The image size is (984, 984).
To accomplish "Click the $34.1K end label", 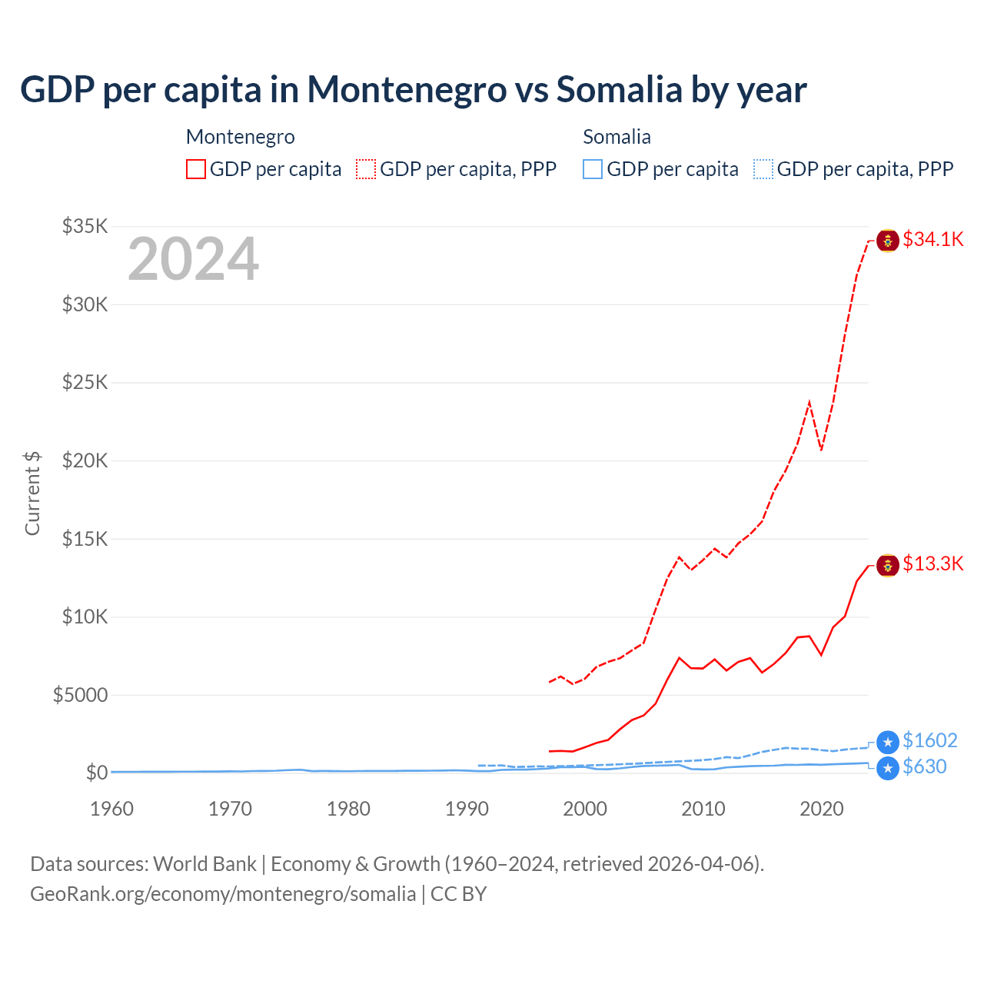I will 932,239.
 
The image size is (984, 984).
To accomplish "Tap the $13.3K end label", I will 932,563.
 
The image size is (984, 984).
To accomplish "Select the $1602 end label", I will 929,740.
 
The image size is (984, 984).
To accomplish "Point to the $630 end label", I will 924,766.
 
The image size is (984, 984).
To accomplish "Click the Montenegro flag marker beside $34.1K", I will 888,241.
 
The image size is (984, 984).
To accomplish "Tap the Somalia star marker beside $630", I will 888,768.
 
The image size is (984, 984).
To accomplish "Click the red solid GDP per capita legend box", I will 196,169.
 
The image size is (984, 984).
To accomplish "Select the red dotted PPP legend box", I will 366,169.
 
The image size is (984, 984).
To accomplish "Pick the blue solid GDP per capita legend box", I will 593,169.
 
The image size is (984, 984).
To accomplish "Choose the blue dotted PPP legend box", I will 763,169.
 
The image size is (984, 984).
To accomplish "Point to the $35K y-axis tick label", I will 85,226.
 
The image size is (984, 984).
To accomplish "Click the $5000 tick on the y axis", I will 80,695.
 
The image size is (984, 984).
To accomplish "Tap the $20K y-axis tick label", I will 85,460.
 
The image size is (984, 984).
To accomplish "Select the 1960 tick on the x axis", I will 112,809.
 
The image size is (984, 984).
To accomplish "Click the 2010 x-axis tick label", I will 703,809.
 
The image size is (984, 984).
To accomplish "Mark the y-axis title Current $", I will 32,493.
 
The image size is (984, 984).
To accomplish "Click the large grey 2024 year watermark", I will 193,259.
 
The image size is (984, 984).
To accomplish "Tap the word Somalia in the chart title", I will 619,89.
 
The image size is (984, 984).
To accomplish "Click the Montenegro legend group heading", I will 241,137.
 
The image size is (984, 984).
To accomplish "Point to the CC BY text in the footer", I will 458,894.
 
